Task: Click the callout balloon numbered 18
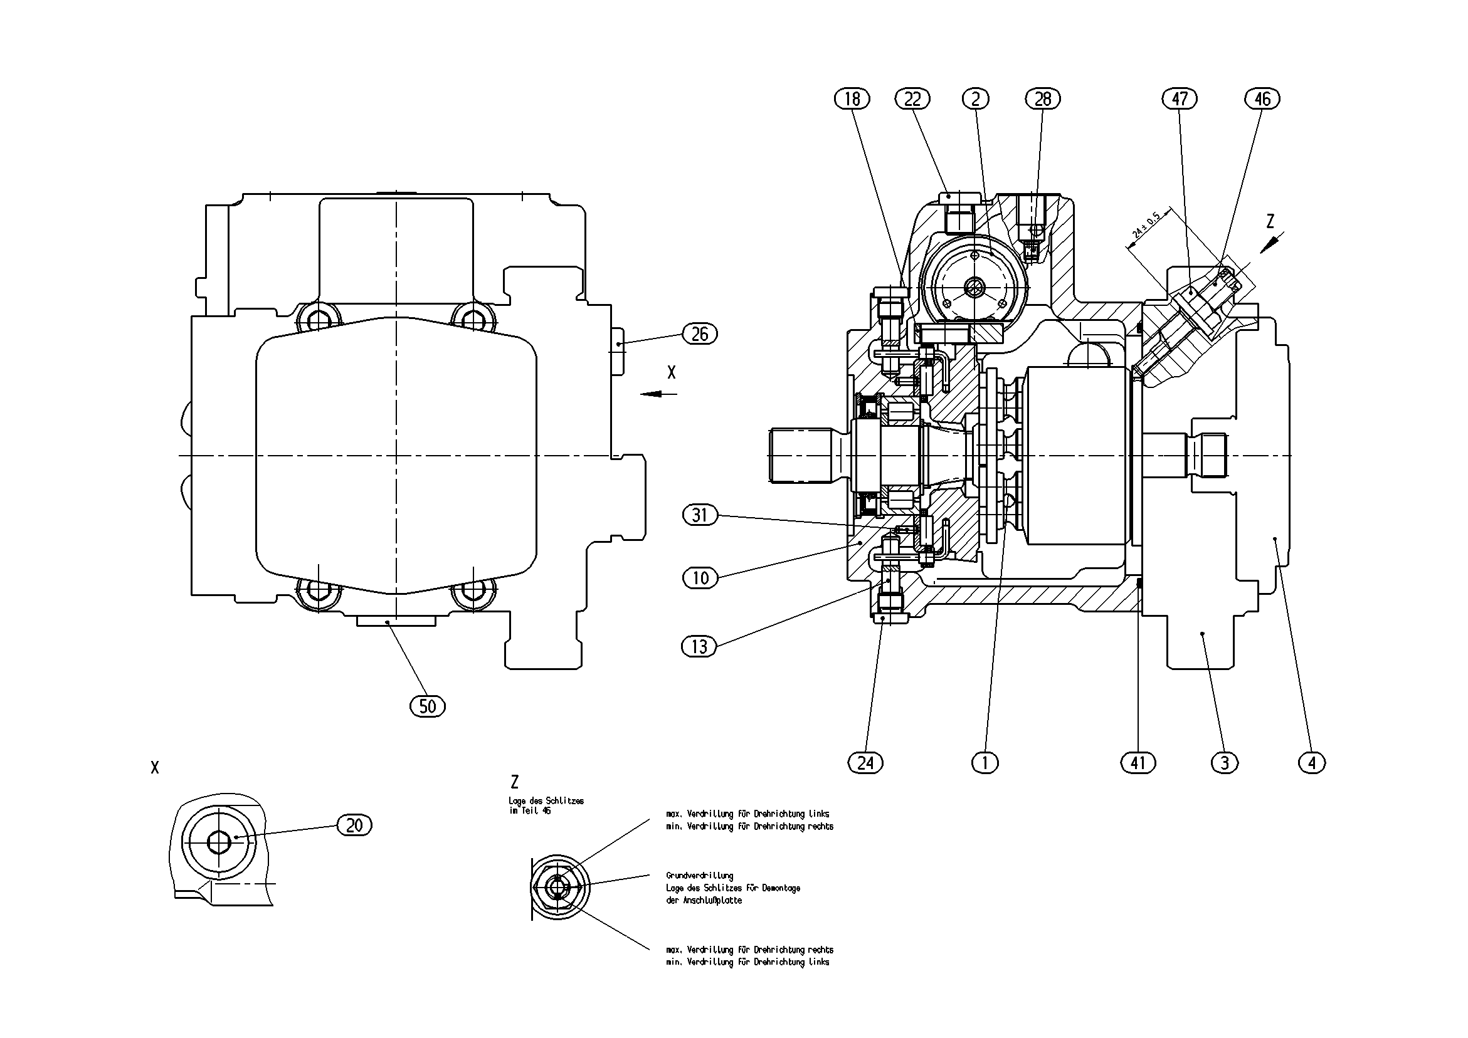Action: point(852,99)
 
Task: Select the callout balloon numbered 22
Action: point(912,99)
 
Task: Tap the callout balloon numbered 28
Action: point(1043,99)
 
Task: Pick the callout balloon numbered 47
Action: point(1180,99)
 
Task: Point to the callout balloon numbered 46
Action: point(1263,99)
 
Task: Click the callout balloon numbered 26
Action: point(700,333)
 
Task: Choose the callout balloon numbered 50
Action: point(428,706)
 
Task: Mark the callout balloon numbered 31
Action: point(700,515)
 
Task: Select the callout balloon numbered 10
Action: point(700,579)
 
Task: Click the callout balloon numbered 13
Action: point(700,647)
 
